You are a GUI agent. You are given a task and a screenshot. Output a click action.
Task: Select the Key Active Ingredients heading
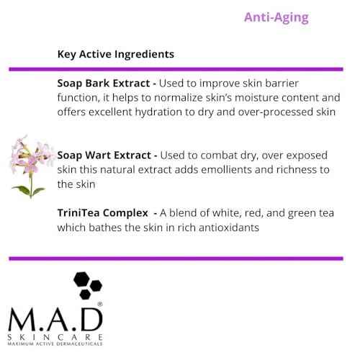point(115,54)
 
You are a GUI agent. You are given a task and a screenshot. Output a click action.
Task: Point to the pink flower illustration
point(29,165)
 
